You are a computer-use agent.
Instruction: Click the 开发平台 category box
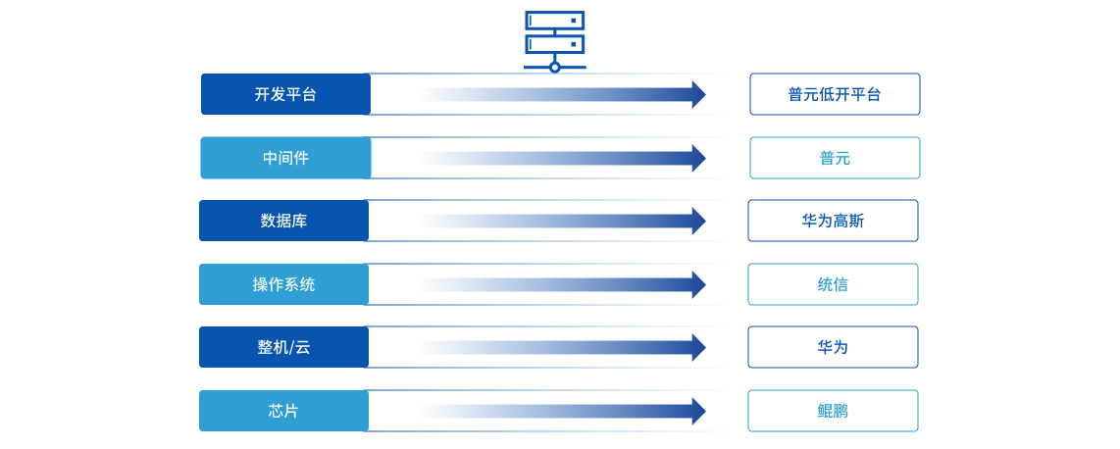(x=285, y=94)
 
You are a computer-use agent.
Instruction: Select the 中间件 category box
(x=285, y=158)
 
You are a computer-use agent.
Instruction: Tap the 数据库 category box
(x=283, y=221)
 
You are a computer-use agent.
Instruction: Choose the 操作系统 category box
(x=283, y=284)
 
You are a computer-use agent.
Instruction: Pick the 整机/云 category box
(x=283, y=347)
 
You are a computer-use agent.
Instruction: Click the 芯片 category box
(x=283, y=411)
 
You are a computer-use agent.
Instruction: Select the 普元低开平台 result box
(x=835, y=94)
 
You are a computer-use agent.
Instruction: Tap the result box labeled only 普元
(x=835, y=158)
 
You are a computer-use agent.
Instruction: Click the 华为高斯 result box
(x=833, y=221)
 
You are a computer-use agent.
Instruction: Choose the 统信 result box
(x=833, y=284)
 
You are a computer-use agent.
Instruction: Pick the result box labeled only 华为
(x=833, y=347)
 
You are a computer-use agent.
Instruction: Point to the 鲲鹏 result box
(x=833, y=411)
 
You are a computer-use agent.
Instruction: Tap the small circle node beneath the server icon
(x=555, y=67)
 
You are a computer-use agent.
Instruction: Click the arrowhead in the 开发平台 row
(x=698, y=94)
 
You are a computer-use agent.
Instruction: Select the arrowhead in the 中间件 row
(x=698, y=158)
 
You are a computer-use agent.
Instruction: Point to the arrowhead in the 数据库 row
(x=698, y=221)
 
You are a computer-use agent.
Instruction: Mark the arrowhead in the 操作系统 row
(x=698, y=284)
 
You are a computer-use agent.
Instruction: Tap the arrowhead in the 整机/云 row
(x=698, y=347)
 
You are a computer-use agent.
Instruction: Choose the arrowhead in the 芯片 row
(x=698, y=411)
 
